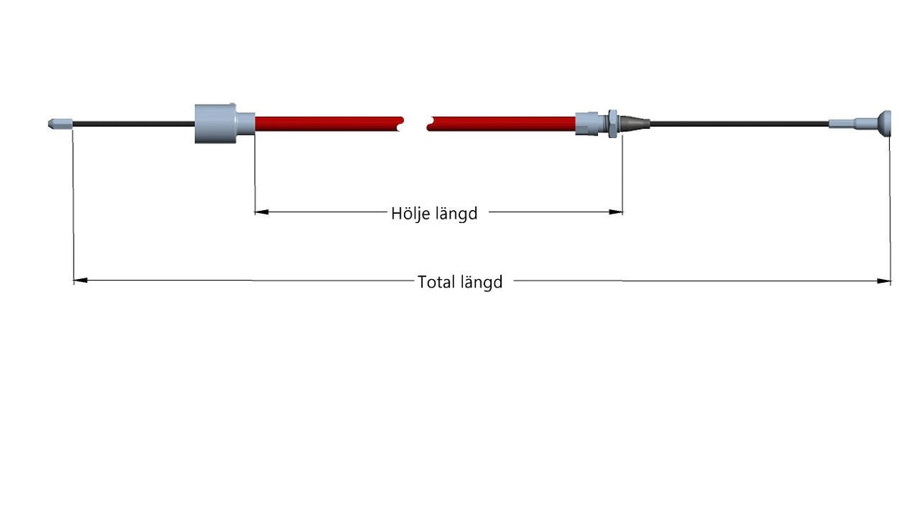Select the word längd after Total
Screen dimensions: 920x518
coord(481,282)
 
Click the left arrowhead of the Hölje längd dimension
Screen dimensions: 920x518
coord(261,212)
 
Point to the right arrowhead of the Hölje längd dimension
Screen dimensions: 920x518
coord(615,212)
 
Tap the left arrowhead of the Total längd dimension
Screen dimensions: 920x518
coord(80,281)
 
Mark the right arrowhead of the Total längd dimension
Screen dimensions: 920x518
coord(884,281)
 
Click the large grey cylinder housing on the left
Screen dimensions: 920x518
coord(216,124)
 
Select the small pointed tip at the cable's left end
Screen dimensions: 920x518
coord(61,124)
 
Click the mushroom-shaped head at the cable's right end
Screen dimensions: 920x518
coord(884,124)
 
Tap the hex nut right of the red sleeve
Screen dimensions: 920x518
coord(612,124)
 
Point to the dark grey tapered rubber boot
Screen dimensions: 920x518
coord(634,124)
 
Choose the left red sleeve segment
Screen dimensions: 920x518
coord(329,124)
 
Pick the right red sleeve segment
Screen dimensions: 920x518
coord(501,124)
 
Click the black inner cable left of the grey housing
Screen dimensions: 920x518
coord(134,124)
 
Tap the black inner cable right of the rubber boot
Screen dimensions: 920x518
coord(740,124)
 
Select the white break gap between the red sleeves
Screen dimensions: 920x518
coord(415,124)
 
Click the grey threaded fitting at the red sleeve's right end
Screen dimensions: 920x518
coord(591,124)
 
